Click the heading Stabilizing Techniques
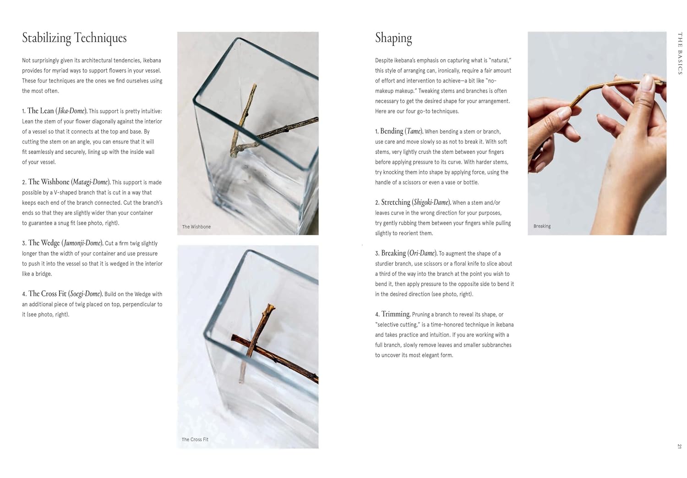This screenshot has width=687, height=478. click(74, 38)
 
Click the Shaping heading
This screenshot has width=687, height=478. click(393, 38)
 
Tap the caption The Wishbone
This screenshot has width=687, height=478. click(196, 227)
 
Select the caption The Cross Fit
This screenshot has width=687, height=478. click(195, 439)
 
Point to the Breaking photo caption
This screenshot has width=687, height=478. click(542, 226)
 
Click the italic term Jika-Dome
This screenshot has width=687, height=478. click(71, 111)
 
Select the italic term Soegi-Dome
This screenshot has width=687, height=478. click(85, 294)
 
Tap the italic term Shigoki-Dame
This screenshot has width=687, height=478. click(431, 202)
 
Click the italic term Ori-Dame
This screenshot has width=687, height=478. click(422, 253)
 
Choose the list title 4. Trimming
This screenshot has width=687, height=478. click(393, 314)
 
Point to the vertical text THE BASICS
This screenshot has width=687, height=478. click(680, 53)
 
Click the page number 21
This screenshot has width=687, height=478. click(680, 446)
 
